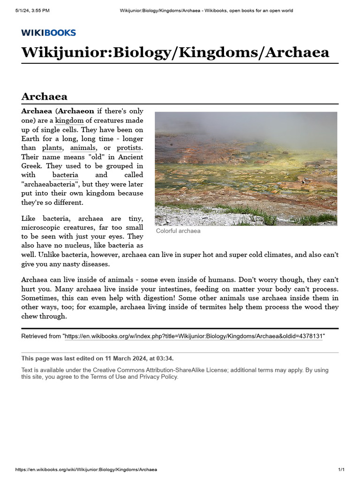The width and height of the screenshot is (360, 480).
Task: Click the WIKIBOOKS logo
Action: [x=48, y=32]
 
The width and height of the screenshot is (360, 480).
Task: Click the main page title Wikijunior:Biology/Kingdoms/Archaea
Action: [x=175, y=52]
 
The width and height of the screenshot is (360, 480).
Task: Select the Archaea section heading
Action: [x=44, y=97]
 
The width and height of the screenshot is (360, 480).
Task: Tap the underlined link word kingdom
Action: [x=69, y=120]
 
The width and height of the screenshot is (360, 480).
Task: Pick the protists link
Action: [x=130, y=148]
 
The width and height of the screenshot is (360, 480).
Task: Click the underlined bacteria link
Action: [x=65, y=175]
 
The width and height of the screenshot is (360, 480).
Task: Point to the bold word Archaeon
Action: [x=76, y=111]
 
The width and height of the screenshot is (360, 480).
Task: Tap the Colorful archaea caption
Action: [x=178, y=231]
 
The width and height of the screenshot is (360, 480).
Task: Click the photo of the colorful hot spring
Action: [x=246, y=168]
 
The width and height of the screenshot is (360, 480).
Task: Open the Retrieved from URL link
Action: [x=193, y=337]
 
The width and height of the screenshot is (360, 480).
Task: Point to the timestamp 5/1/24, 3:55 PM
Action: [x=32, y=10]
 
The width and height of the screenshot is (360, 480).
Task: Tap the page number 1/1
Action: [x=341, y=470]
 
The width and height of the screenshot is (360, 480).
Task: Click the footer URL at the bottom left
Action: [x=86, y=470]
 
